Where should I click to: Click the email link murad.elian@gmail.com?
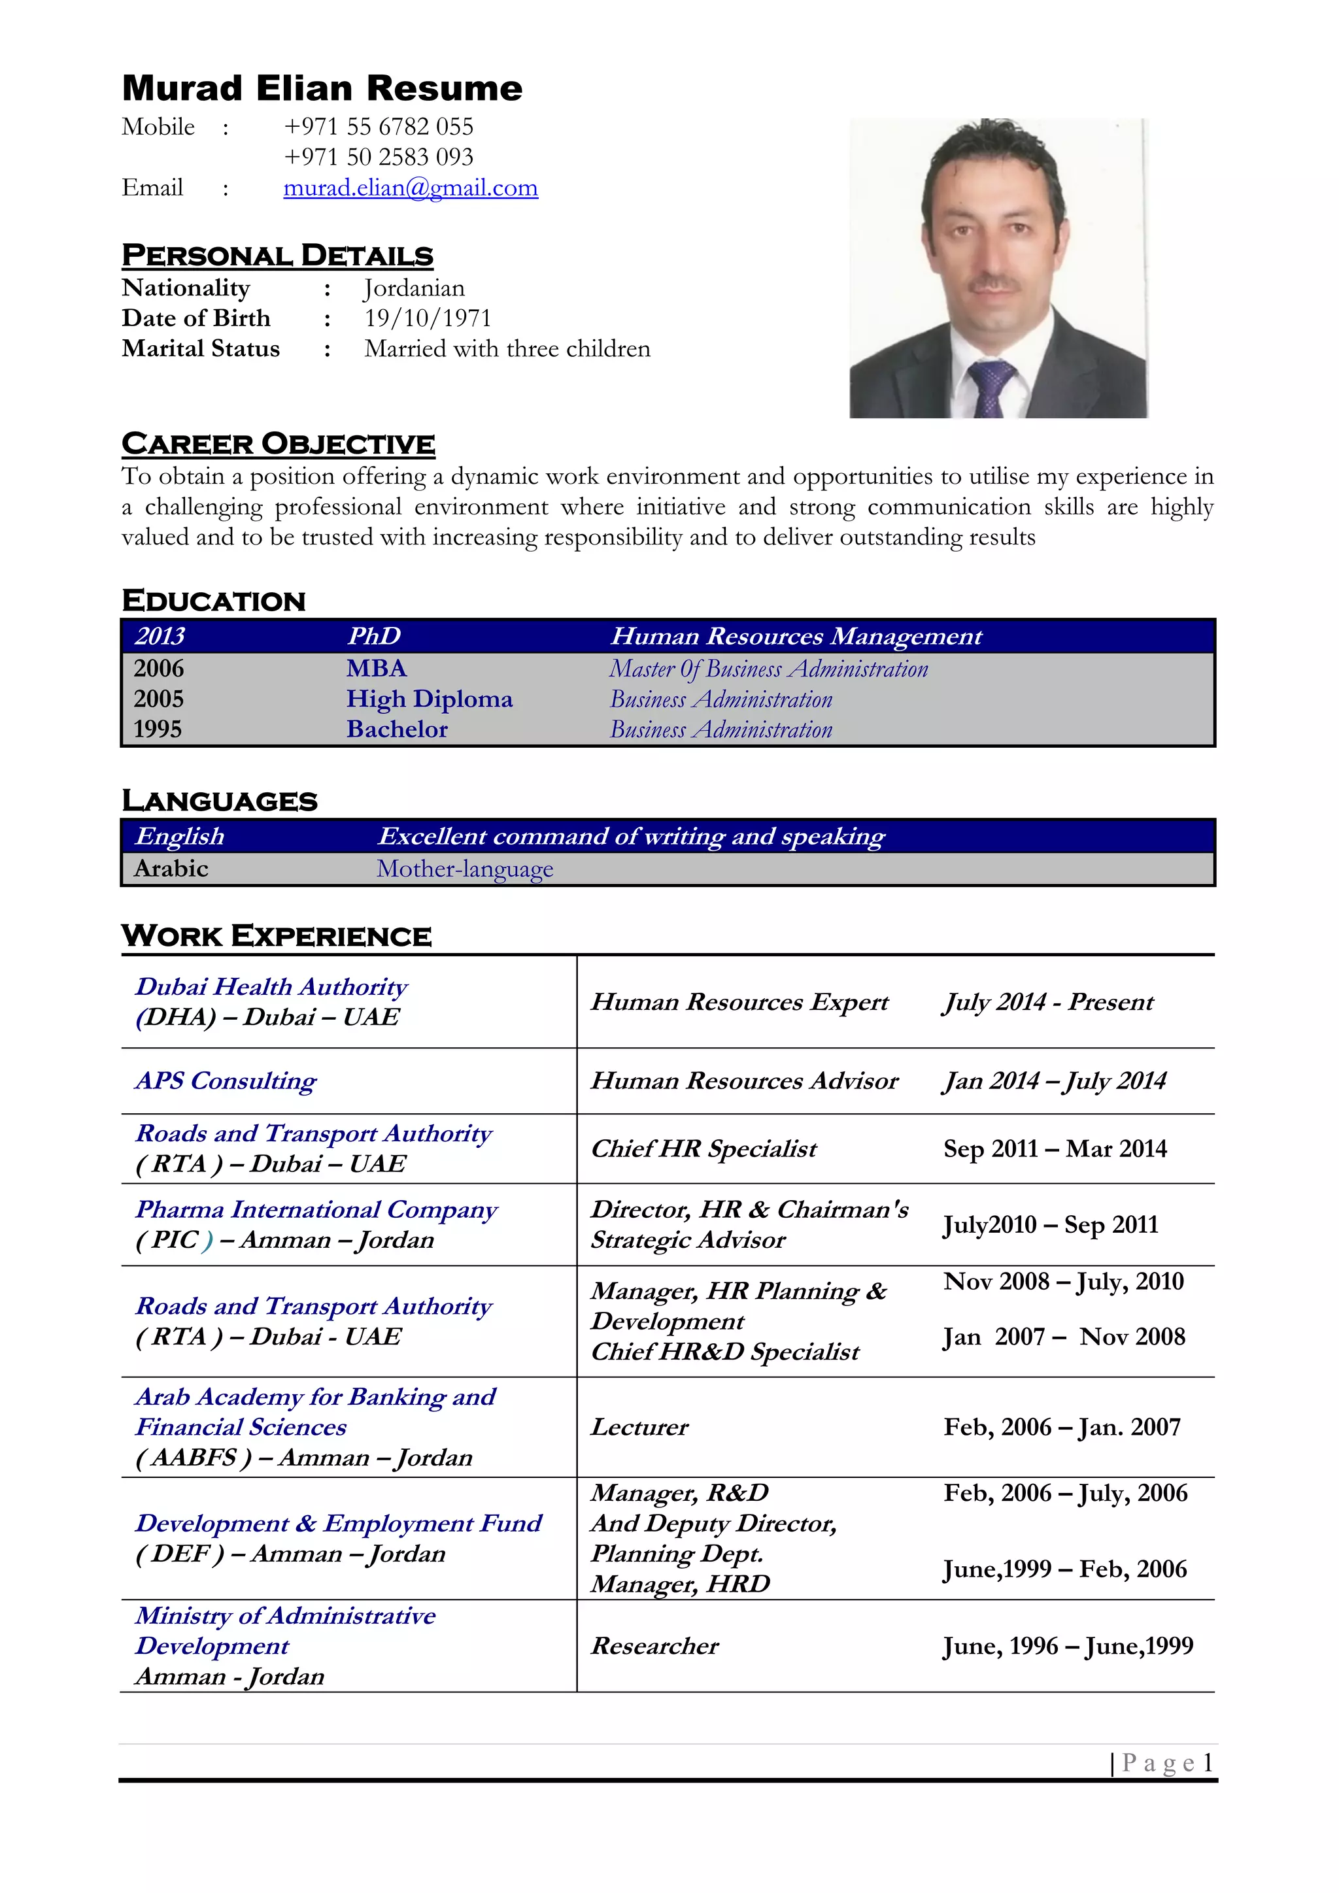click(x=411, y=188)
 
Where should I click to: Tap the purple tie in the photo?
click(x=991, y=388)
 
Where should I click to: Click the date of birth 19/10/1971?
click(x=428, y=318)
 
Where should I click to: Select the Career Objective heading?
click(x=278, y=444)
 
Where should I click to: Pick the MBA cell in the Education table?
click(x=377, y=668)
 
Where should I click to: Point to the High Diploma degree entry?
click(x=429, y=699)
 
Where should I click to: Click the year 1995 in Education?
click(x=158, y=729)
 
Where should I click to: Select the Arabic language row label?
click(x=171, y=868)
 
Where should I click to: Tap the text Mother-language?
click(x=465, y=869)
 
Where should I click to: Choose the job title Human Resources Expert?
click(x=739, y=1002)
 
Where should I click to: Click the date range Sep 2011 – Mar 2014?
click(x=1055, y=1148)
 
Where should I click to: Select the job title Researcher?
click(x=654, y=1646)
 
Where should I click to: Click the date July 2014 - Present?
click(x=1048, y=1002)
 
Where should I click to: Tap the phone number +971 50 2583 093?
click(x=379, y=157)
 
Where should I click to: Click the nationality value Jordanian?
click(x=415, y=288)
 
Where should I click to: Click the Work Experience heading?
click(x=276, y=936)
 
